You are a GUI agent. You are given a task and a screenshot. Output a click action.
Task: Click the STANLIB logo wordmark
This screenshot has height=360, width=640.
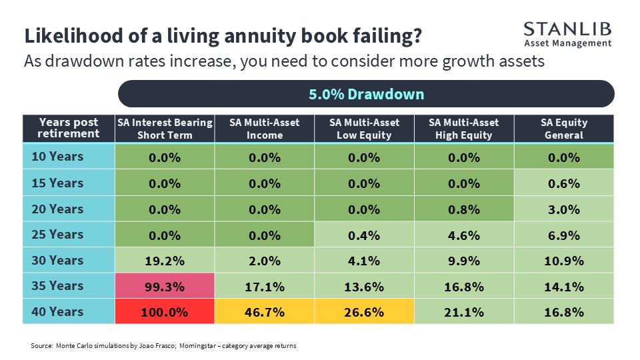(x=567, y=29)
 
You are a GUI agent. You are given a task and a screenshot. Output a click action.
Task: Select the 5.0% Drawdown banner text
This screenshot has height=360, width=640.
(x=366, y=94)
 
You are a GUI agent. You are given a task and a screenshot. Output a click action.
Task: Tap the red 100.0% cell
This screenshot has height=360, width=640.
(x=165, y=311)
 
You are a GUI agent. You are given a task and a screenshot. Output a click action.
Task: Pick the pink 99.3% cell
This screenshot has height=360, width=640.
(x=165, y=286)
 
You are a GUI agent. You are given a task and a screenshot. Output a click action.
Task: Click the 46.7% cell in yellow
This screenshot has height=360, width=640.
(x=265, y=311)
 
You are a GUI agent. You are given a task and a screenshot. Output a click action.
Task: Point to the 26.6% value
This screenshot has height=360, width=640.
(x=364, y=312)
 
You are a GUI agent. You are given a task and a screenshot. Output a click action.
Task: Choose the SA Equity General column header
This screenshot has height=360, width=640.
(x=564, y=129)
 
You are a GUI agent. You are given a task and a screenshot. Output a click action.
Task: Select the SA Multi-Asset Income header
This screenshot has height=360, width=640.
(x=265, y=129)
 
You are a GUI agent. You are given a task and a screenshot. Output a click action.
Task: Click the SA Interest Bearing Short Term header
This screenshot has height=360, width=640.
(x=165, y=129)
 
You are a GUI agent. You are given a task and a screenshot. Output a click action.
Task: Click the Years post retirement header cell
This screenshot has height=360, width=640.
(x=69, y=129)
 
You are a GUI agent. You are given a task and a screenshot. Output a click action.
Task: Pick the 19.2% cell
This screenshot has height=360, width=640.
(x=165, y=260)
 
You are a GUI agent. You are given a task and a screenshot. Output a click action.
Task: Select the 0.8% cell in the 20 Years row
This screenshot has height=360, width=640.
(x=464, y=209)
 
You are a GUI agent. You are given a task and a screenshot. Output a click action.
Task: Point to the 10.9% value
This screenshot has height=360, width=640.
(x=564, y=261)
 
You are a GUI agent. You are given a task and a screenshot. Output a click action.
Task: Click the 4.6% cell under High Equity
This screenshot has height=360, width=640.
(x=464, y=234)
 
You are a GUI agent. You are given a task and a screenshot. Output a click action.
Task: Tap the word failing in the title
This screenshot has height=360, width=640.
(x=387, y=36)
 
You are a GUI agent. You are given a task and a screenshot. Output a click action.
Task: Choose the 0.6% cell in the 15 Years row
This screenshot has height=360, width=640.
(x=564, y=183)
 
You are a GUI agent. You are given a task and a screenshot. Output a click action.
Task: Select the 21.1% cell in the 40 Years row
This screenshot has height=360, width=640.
(x=464, y=311)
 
